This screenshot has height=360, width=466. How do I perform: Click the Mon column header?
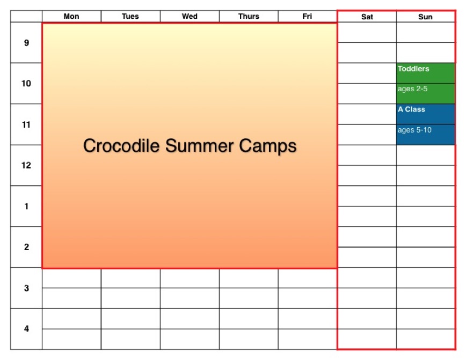(x=71, y=16)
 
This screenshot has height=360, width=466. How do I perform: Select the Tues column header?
(x=130, y=16)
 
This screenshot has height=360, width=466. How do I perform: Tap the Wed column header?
(x=190, y=16)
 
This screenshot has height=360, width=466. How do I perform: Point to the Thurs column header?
(x=249, y=16)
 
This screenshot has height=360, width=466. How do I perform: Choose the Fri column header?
(x=307, y=16)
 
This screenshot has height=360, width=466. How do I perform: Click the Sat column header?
(x=367, y=17)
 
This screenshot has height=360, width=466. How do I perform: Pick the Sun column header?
(x=425, y=17)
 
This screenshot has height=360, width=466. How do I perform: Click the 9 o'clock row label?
(x=26, y=43)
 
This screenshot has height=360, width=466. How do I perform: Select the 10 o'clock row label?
(x=26, y=84)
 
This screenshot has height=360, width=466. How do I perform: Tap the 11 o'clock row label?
(x=26, y=124)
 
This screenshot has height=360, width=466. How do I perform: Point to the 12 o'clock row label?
(x=26, y=165)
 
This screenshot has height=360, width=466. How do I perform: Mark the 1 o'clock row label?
(x=26, y=206)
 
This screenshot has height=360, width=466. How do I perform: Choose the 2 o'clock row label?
(x=26, y=247)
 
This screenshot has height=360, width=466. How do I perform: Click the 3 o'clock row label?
(x=26, y=288)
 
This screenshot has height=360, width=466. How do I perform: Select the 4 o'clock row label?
(x=26, y=328)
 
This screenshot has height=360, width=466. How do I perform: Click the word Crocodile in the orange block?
(x=121, y=145)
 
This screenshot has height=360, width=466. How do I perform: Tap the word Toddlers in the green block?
(x=413, y=69)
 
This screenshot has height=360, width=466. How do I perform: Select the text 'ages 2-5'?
(x=412, y=89)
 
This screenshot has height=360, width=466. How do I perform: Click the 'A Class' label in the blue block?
(x=411, y=109)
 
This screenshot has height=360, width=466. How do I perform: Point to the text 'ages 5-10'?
(x=414, y=130)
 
